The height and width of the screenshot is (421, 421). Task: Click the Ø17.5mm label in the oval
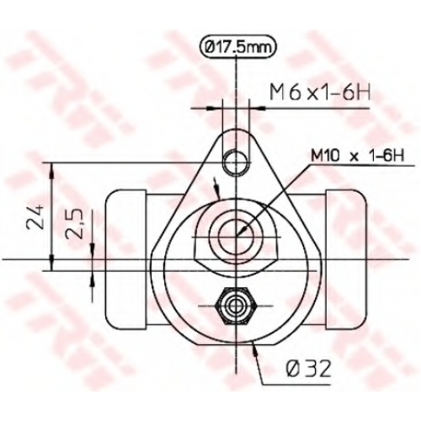tap(237, 48)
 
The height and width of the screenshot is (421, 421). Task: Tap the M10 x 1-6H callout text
tap(358, 156)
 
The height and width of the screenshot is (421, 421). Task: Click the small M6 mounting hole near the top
tap(237, 163)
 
